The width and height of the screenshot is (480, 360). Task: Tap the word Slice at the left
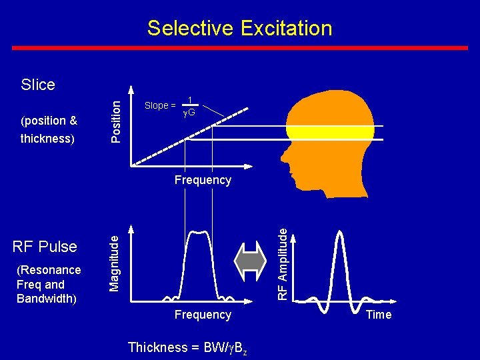pos(38,85)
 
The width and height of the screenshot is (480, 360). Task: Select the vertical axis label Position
pos(116,121)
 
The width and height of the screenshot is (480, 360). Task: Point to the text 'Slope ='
pos(160,105)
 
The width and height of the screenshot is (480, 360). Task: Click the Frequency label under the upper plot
pos(203,180)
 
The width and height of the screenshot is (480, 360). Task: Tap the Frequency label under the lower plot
pos(203,315)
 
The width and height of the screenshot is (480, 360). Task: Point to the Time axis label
pos(379,315)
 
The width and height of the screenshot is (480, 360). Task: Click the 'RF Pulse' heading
pos(45,247)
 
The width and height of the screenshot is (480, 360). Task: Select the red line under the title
pos(240,48)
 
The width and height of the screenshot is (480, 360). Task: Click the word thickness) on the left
pos(47,139)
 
